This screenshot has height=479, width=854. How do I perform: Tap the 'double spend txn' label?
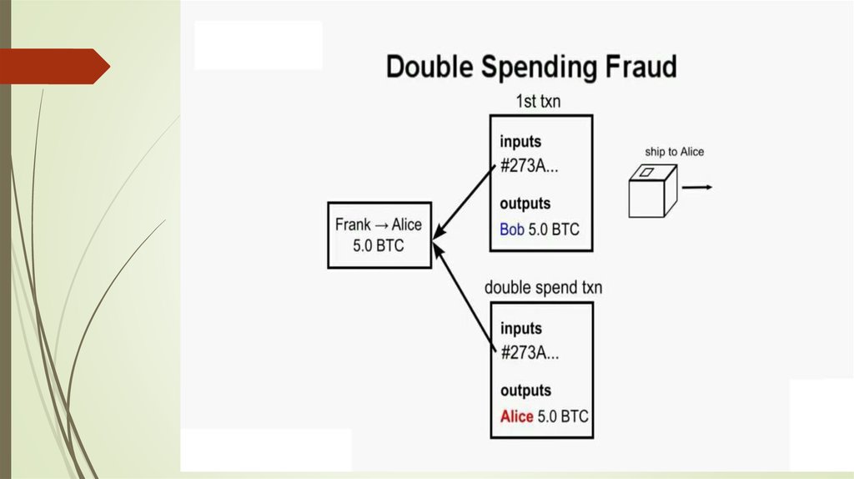pos(543,288)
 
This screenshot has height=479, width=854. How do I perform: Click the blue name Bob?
pos(512,229)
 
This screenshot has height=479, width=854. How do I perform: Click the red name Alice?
pos(516,416)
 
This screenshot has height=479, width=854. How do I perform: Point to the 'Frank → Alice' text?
pos(379,224)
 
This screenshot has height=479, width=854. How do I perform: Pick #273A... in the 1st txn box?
pos(530,165)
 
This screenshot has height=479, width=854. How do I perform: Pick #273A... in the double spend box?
pos(530,352)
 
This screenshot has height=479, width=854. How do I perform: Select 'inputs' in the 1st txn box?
pos(520,141)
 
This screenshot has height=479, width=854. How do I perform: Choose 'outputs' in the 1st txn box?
pos(525,204)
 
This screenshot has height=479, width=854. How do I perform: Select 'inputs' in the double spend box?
pos(520,328)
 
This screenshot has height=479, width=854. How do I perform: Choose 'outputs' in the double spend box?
pos(525,391)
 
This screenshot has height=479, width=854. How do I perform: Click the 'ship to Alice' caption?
pos(674,152)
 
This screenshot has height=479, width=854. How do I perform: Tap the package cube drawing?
pos(651,190)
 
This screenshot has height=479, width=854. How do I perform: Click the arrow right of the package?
pos(697,187)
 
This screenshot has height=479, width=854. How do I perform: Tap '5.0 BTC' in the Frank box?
pos(379,247)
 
